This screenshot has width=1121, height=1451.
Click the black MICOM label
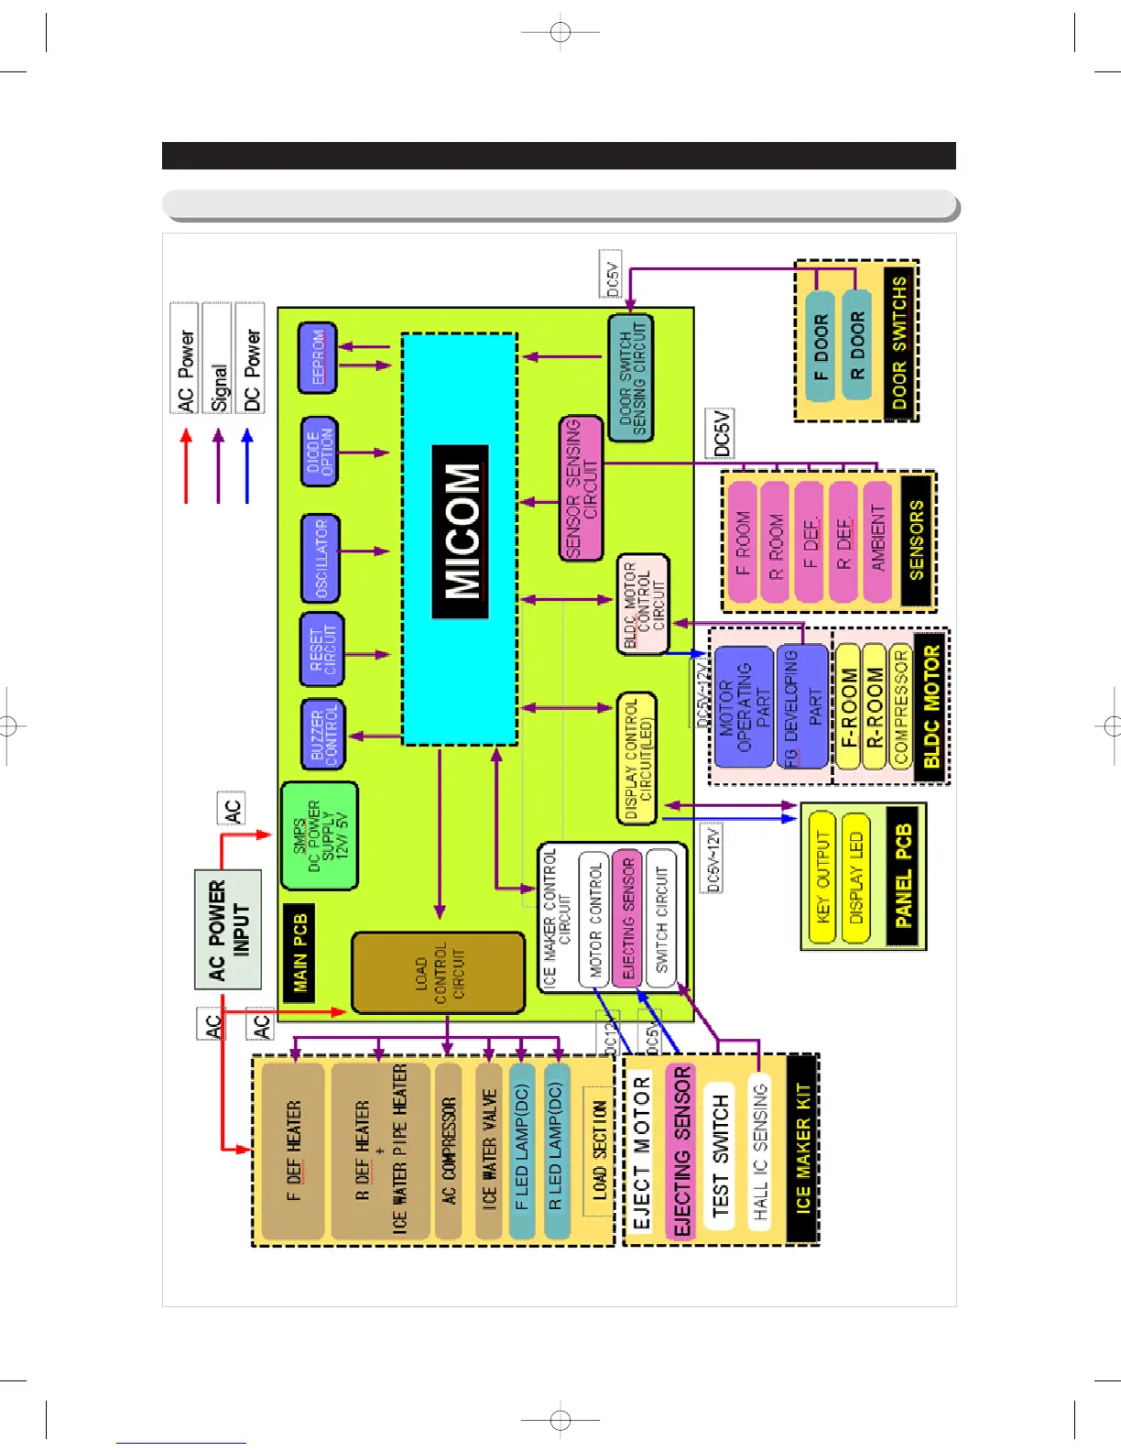[461, 532]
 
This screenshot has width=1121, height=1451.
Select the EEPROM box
[318, 358]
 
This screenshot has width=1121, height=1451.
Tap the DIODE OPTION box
[320, 452]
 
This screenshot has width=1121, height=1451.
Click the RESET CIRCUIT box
[322, 649]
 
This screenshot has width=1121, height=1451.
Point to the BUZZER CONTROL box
[322, 733]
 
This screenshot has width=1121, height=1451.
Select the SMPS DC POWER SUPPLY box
[319, 835]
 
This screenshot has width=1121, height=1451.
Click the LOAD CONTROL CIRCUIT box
[439, 973]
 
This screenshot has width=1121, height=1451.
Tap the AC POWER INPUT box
[228, 929]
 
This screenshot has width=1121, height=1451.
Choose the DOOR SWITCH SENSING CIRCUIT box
[631, 378]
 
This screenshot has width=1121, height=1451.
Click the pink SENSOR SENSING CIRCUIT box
[582, 488]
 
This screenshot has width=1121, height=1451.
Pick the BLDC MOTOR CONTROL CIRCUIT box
[643, 605]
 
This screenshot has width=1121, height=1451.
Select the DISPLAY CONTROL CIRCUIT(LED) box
[637, 758]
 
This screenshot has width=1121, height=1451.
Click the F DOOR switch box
[821, 347]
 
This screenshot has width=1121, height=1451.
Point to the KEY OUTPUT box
[822, 877]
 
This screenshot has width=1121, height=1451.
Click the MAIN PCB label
[299, 953]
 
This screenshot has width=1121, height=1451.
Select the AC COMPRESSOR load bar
[449, 1151]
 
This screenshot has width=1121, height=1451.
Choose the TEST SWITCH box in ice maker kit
[721, 1154]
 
